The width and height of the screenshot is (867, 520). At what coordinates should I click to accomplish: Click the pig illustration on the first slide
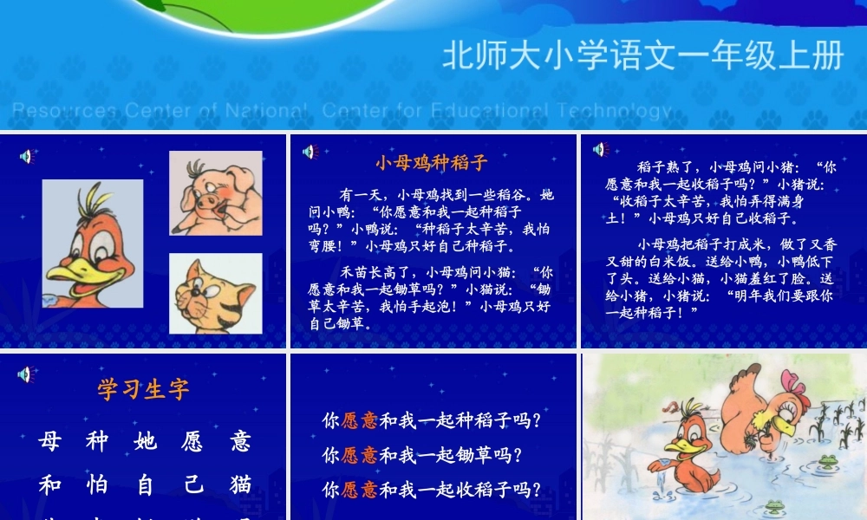click(x=215, y=193)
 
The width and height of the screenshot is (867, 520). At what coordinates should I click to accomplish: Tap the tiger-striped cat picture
click(x=215, y=293)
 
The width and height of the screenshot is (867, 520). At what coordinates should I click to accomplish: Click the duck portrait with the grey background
click(x=93, y=243)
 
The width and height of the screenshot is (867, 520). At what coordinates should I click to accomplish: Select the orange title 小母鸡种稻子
click(x=432, y=162)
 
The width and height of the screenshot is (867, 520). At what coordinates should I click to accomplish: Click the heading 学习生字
click(x=143, y=389)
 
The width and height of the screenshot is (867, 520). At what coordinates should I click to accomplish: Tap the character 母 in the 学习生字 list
click(x=49, y=441)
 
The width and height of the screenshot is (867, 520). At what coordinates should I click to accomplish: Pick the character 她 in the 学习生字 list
click(x=146, y=441)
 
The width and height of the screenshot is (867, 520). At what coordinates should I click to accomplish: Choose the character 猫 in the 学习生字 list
click(x=241, y=484)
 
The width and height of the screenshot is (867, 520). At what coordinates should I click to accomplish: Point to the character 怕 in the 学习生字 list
click(x=97, y=484)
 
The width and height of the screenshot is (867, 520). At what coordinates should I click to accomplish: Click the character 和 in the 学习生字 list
click(x=49, y=484)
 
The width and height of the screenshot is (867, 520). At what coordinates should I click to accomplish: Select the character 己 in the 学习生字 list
click(x=192, y=484)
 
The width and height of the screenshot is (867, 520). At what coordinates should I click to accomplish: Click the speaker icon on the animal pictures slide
click(x=26, y=156)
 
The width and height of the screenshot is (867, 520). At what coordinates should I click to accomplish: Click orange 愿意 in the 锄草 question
click(x=359, y=455)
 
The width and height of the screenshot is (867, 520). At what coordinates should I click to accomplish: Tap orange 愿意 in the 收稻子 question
click(x=359, y=490)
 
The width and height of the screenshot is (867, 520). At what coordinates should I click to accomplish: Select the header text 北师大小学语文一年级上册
click(x=642, y=56)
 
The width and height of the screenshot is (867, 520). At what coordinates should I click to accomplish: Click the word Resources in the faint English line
click(x=64, y=111)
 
